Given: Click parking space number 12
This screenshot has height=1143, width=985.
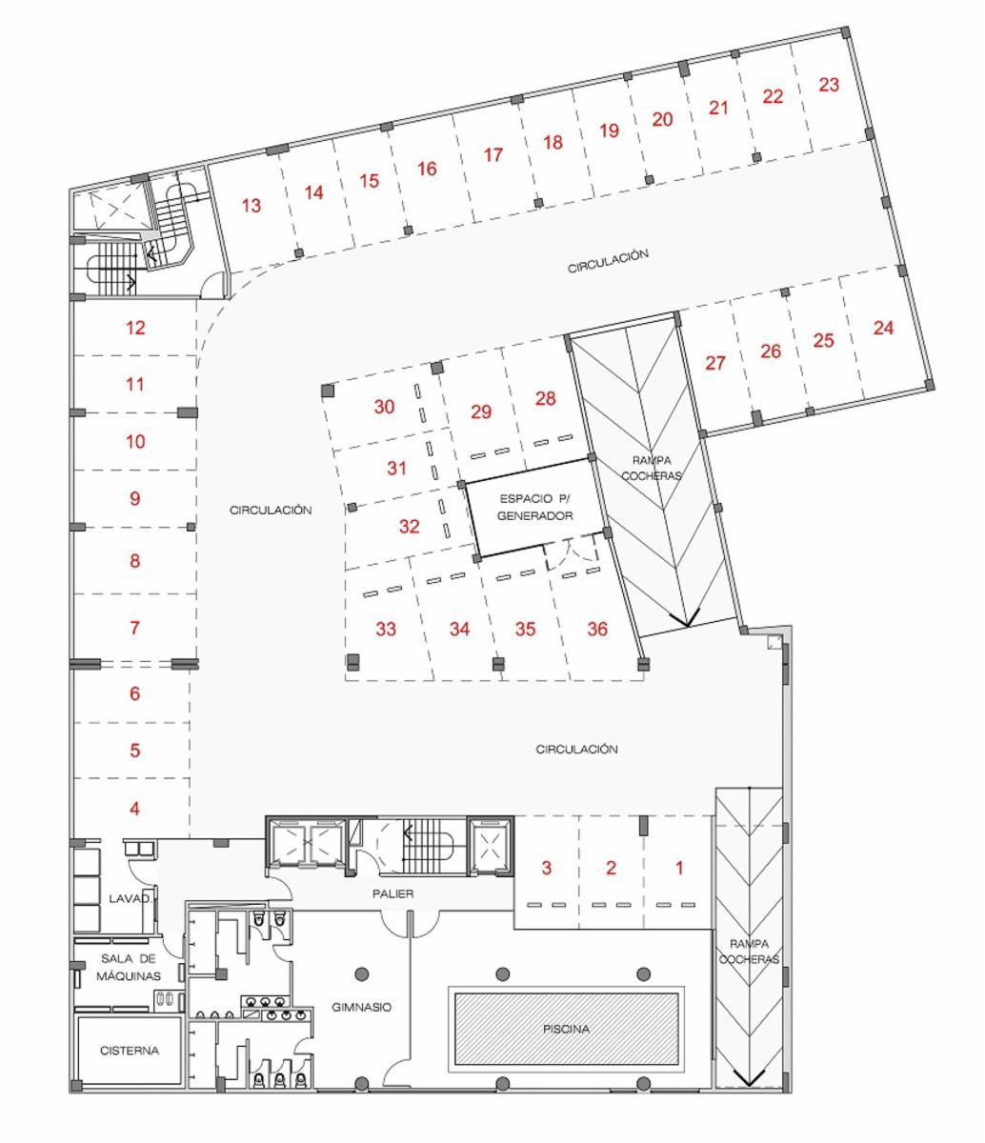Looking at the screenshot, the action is (x=135, y=328).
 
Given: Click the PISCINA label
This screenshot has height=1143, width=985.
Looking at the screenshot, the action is (x=566, y=1029).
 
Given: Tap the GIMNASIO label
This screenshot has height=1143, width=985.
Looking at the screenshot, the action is (x=361, y=1007).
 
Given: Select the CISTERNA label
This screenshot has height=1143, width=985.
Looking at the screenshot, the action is (x=130, y=1050).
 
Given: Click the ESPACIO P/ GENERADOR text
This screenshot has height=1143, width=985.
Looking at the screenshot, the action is (x=534, y=507).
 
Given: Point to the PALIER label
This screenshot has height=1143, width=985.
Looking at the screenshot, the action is (x=392, y=893).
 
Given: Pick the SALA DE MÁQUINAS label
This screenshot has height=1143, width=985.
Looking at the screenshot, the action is (x=129, y=967).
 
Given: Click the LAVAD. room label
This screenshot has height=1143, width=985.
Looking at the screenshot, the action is (x=130, y=898).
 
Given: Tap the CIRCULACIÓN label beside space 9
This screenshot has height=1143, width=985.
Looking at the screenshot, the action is (x=271, y=510).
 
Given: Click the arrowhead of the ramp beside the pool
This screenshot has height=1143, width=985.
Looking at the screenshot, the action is (x=749, y=1087).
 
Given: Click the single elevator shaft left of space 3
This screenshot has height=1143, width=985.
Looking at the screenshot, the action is (x=491, y=846).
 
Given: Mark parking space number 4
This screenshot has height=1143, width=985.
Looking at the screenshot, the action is (x=135, y=809).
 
